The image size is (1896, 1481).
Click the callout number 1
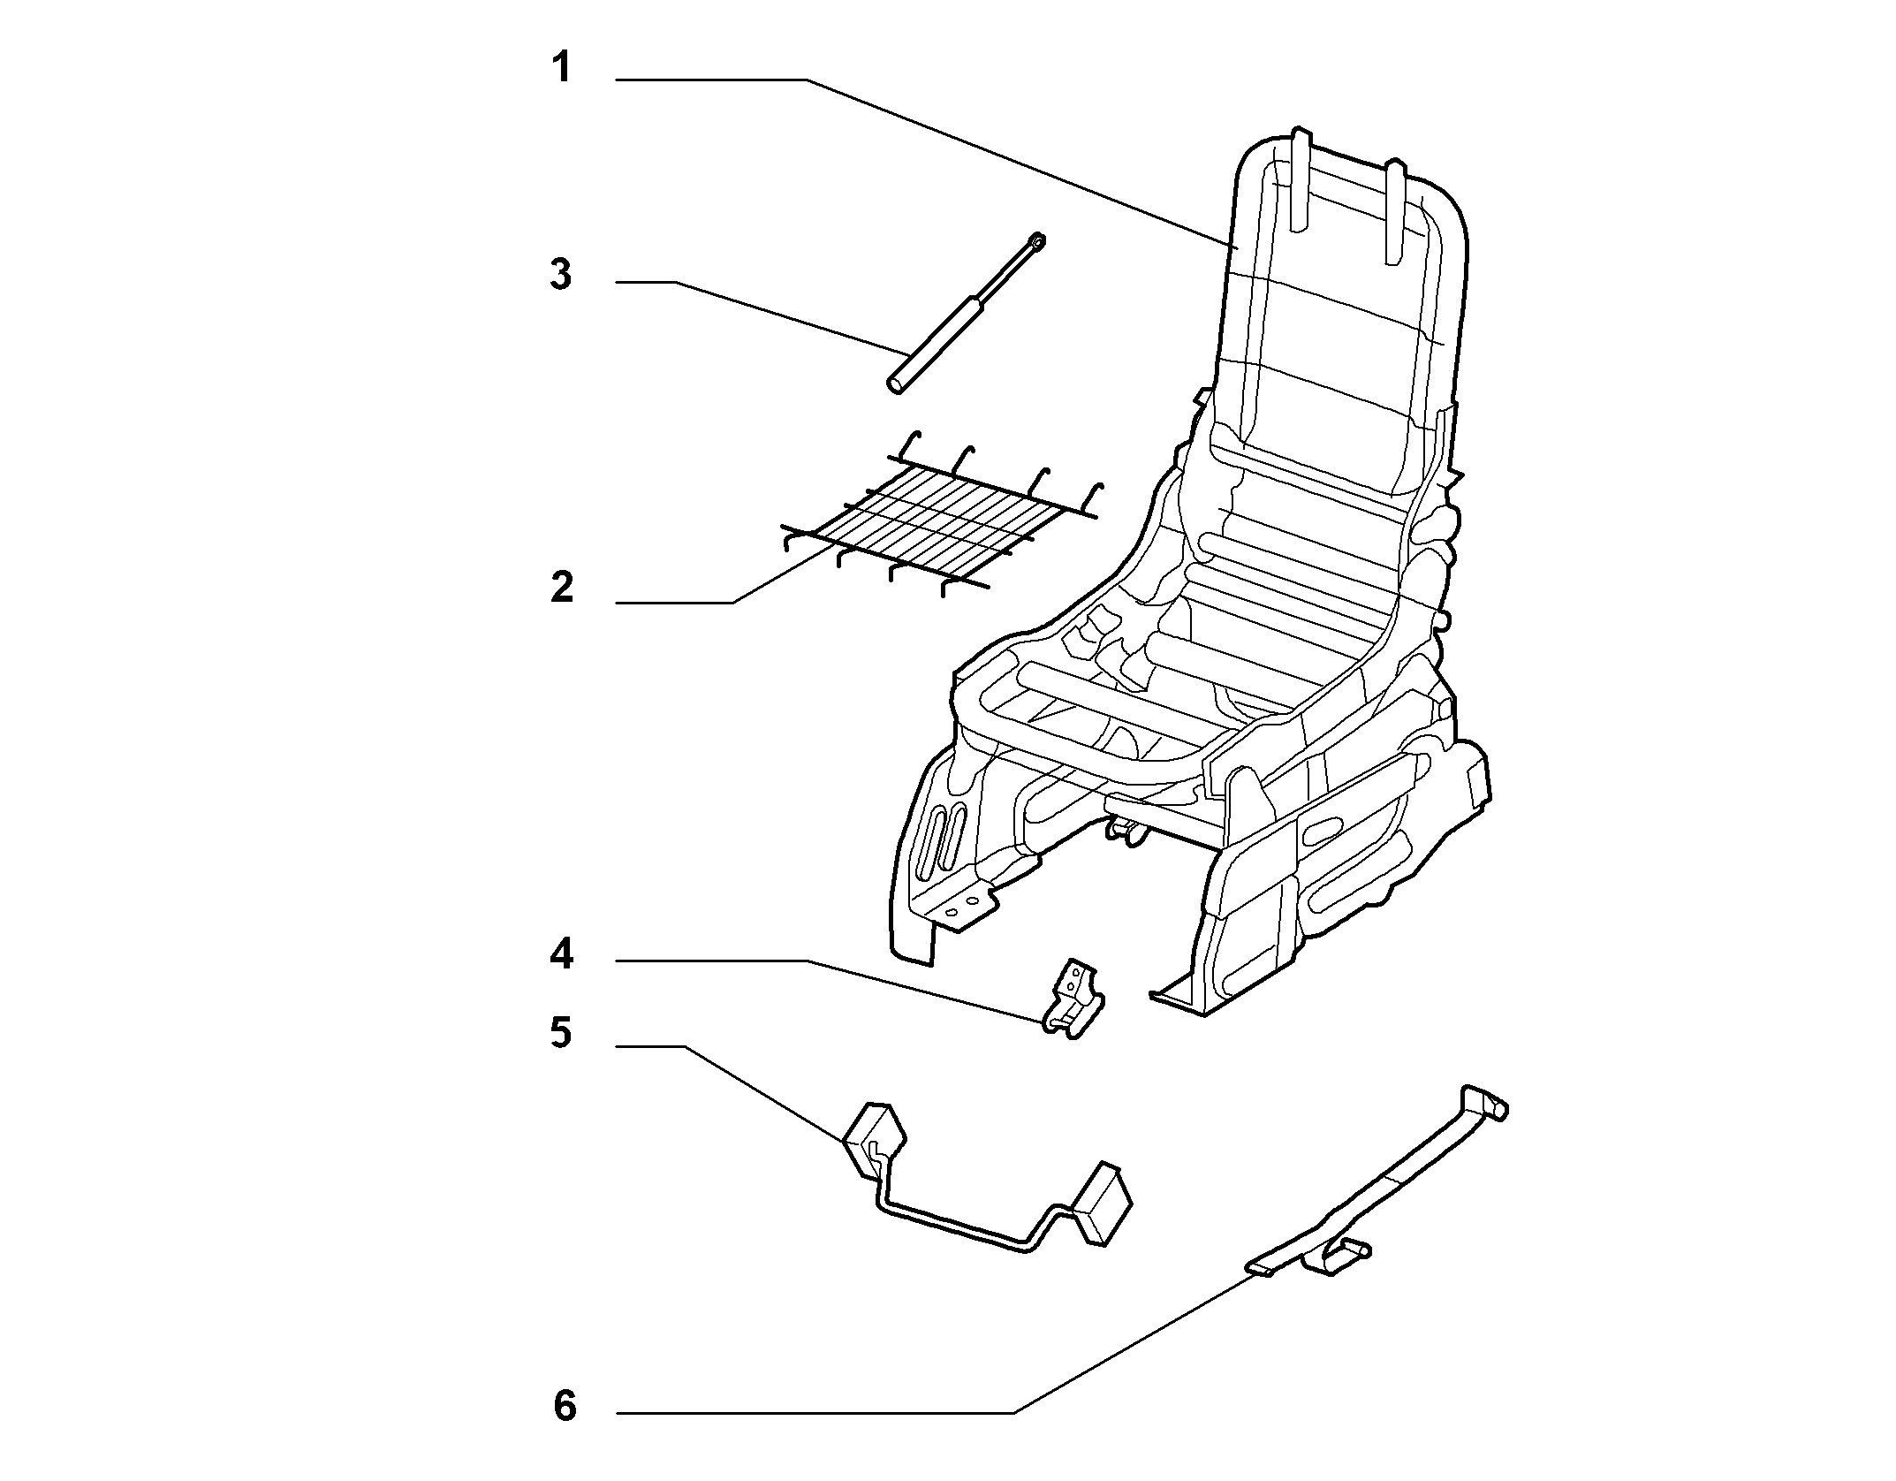(x=563, y=67)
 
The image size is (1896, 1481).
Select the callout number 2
(x=563, y=588)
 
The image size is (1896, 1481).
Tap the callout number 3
(x=562, y=275)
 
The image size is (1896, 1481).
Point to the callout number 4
(x=562, y=954)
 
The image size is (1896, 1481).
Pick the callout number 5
(x=562, y=1032)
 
